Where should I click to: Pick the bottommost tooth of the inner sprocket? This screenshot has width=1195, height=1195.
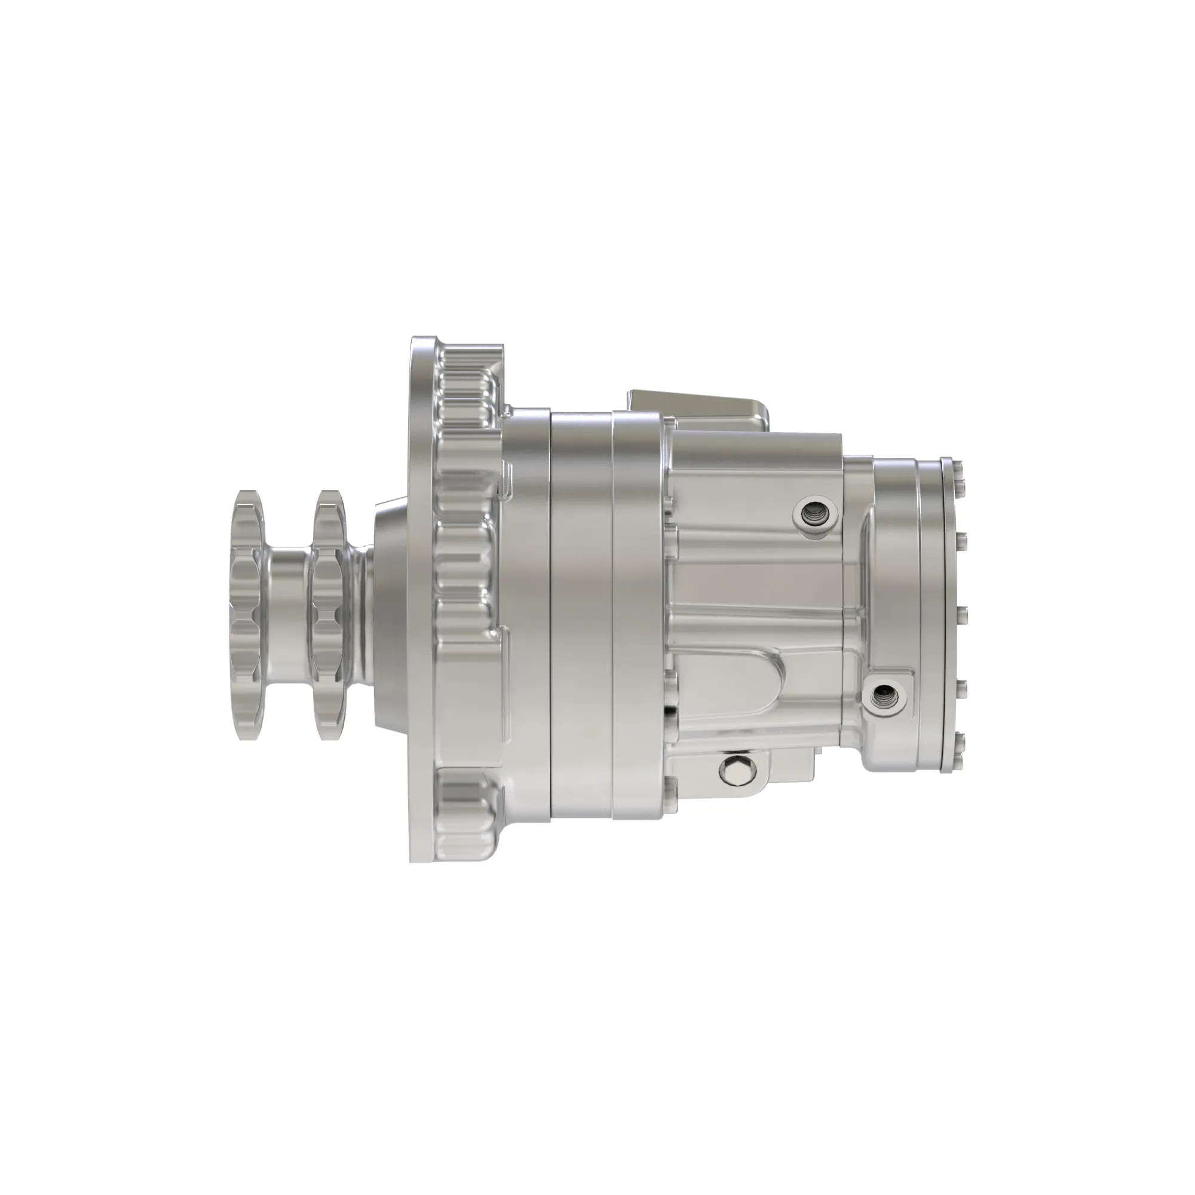point(330,730)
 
